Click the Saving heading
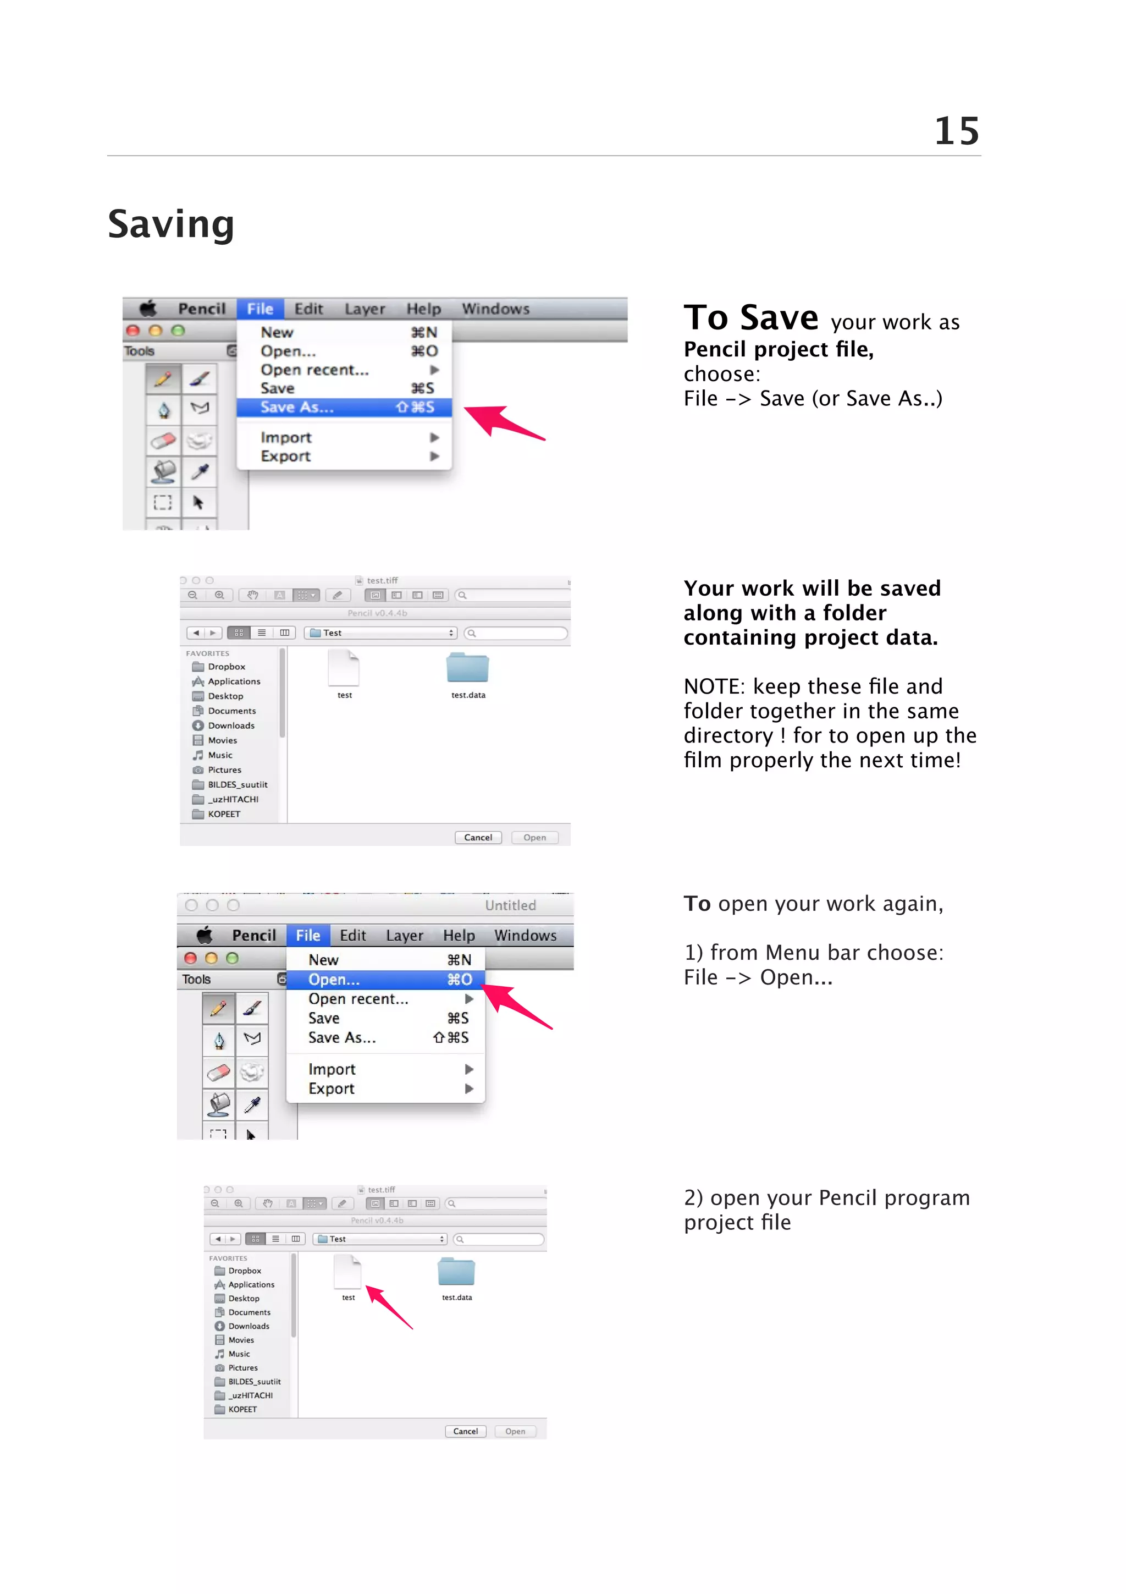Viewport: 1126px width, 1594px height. click(170, 224)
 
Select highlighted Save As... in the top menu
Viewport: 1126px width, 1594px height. click(297, 408)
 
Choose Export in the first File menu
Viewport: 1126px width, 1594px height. click(285, 456)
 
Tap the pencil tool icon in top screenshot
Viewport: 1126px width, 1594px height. click(163, 379)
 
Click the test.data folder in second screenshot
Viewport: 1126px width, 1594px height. click(467, 668)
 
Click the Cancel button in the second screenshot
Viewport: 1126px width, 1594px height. click(478, 837)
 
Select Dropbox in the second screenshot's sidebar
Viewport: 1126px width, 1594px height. click(226, 667)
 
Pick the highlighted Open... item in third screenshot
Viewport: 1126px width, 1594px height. click(334, 980)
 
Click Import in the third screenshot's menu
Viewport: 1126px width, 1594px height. click(332, 1069)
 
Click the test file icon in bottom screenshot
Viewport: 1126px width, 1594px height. click(347, 1272)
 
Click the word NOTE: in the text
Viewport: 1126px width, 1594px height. click(713, 686)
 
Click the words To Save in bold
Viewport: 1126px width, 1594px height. click(750, 318)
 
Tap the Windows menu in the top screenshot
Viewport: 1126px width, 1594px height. click(495, 309)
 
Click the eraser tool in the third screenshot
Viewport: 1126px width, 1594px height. click(218, 1073)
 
